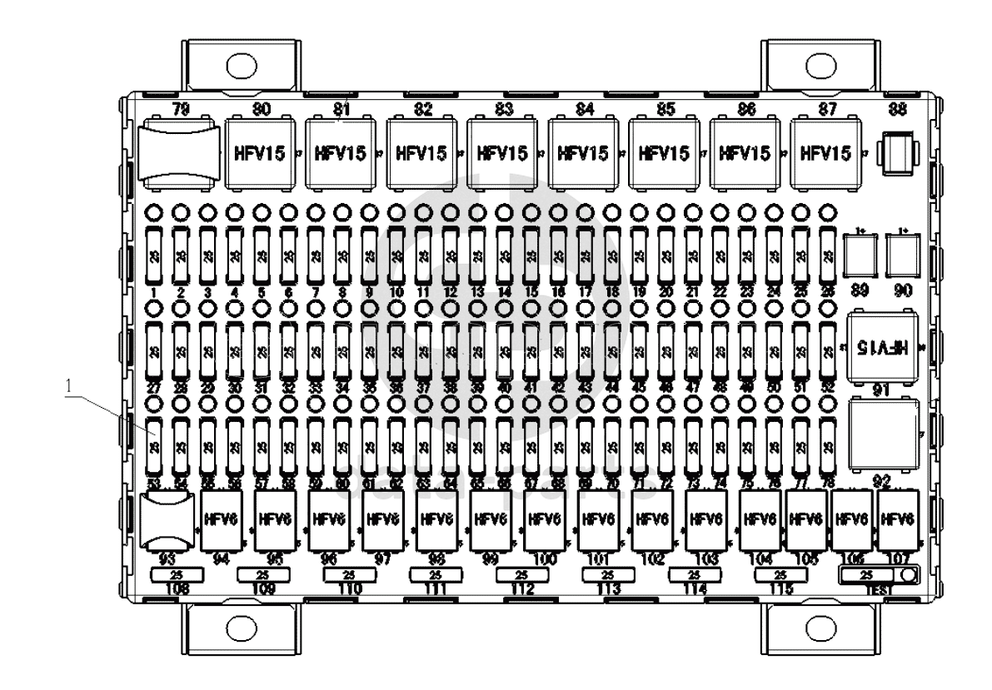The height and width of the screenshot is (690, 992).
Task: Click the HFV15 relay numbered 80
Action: pyautogui.click(x=260, y=154)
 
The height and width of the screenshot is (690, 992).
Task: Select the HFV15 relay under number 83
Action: pyautogui.click(x=502, y=154)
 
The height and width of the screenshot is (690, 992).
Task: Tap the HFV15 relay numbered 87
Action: pyautogui.click(x=825, y=154)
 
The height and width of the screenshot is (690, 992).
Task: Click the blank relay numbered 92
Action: pyautogui.click(x=883, y=434)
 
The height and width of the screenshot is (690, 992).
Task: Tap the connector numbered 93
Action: pyautogui.click(x=169, y=522)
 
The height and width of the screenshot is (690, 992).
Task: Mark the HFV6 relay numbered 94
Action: pyautogui.click(x=222, y=520)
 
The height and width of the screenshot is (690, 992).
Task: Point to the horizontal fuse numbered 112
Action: pyautogui.click(x=521, y=575)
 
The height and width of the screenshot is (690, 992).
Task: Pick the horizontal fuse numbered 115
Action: pyautogui.click(x=780, y=575)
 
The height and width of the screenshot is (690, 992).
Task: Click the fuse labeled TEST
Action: pyautogui.click(x=867, y=575)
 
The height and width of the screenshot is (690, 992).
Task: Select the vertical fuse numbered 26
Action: pyautogui.click(x=826, y=253)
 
